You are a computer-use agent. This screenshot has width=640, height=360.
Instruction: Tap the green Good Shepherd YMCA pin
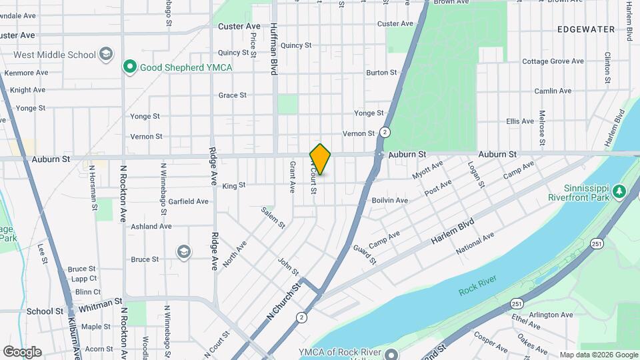[x=129, y=67]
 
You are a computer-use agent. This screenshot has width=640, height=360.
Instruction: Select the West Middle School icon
[x=105, y=53]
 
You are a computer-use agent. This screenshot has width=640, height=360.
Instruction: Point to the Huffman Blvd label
[x=274, y=49]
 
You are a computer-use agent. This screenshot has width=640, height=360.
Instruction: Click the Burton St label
[x=381, y=72]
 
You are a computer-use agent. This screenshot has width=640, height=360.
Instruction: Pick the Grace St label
[x=232, y=95]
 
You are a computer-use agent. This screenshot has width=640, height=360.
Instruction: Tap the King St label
[x=234, y=185]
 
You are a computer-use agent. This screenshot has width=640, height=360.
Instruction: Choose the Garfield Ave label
[x=188, y=201]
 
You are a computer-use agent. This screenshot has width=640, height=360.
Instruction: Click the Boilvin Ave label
[x=389, y=200]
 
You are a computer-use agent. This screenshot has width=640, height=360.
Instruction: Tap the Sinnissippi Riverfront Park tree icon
[x=619, y=192]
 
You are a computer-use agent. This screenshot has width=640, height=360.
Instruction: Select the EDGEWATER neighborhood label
[x=586, y=29]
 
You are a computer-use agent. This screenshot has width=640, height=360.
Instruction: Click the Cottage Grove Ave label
[x=553, y=61]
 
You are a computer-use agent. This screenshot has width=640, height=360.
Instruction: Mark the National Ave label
[x=475, y=244]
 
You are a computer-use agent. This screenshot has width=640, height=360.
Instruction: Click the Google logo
[x=22, y=352]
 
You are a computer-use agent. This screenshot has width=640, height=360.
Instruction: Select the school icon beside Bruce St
[x=183, y=252]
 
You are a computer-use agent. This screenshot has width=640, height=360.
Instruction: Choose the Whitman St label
[x=99, y=309]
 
